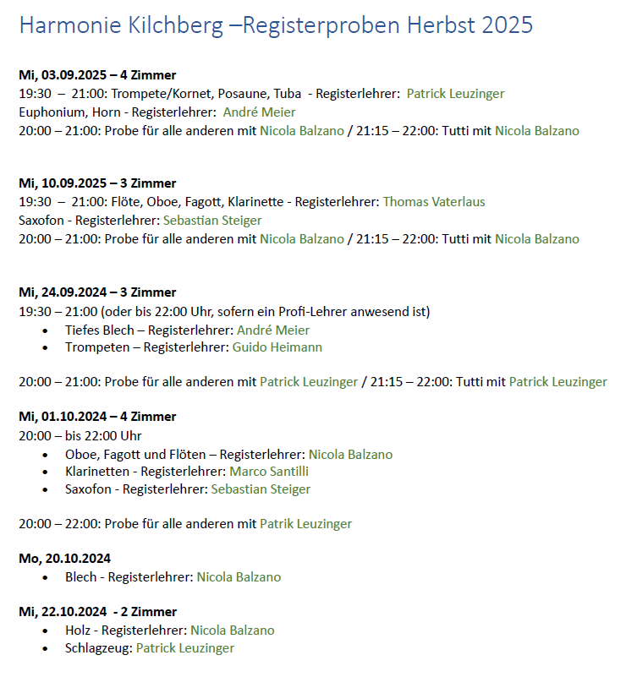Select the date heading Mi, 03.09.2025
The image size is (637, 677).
63,75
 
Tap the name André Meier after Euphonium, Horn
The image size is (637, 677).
260,112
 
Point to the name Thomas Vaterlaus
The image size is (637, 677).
434,201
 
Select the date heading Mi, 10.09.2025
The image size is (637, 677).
63,183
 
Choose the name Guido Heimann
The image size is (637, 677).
277,347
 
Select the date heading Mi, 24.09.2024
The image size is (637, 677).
63,292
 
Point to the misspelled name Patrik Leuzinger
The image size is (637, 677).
305,524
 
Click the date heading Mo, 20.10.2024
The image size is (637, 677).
64,559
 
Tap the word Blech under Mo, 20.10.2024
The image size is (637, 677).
81,577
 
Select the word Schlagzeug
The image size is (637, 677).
97,648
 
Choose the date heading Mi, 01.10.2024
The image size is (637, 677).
63,417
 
